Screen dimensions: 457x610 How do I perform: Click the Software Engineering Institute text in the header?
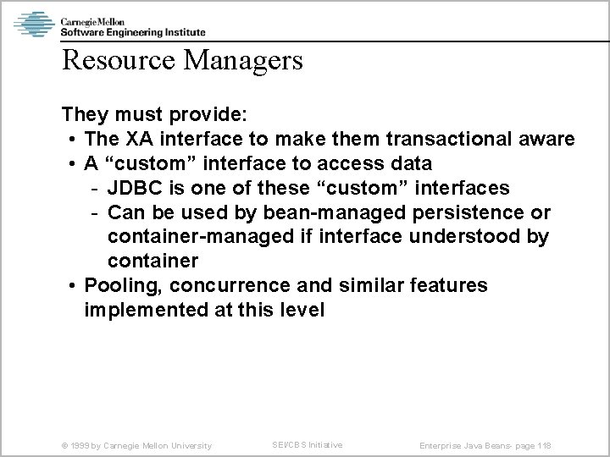[132, 31]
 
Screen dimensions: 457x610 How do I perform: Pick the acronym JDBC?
[133, 187]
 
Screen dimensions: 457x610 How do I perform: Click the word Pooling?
[117, 285]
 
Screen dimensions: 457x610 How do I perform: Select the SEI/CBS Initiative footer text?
[308, 444]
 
